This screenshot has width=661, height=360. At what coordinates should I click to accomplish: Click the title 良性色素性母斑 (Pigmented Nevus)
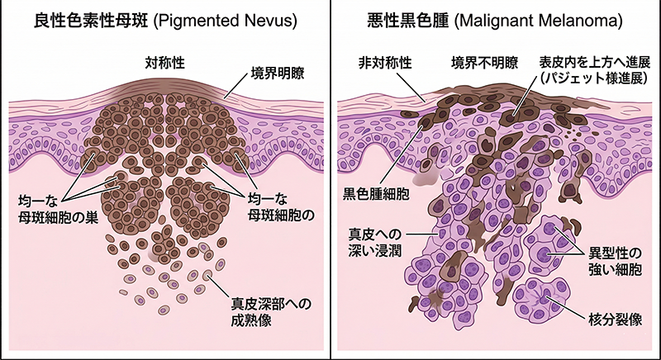(x=157, y=18)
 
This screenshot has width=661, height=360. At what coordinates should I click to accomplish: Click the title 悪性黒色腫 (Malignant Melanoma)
(x=496, y=18)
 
